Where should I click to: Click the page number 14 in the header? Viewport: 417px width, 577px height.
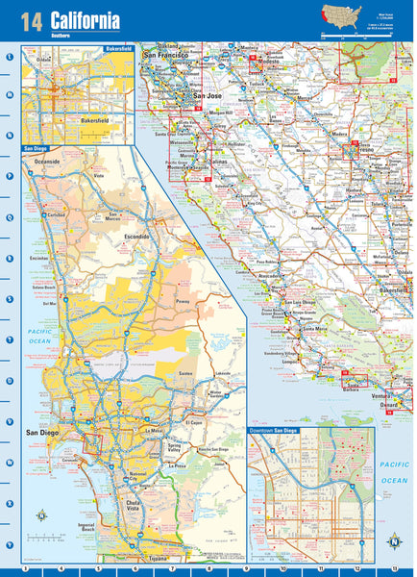coord(31,21)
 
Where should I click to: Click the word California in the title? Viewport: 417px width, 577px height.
coord(86,19)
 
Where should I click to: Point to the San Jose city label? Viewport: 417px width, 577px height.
coord(208,96)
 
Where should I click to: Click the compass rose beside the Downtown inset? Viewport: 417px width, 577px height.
coord(394,540)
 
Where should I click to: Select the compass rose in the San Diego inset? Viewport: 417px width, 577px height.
coord(41,515)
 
